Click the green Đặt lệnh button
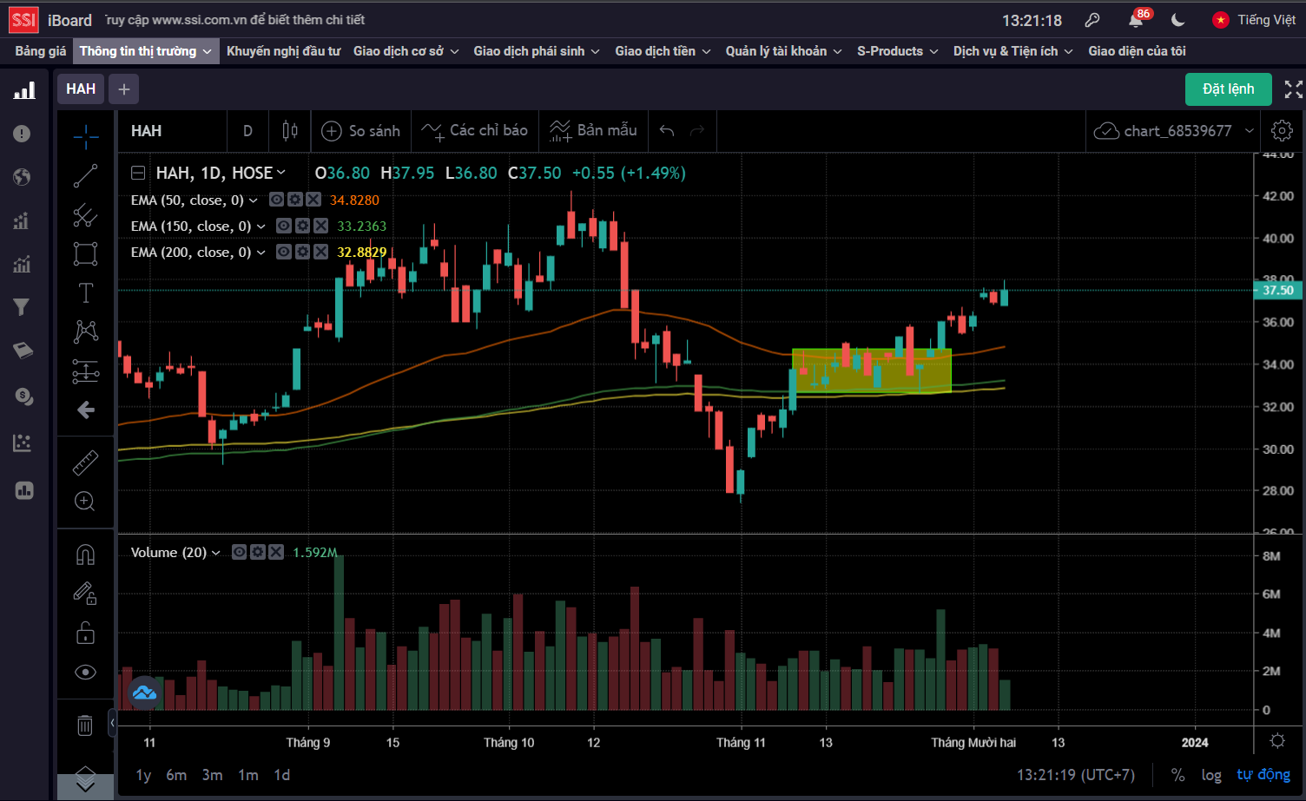pyautogui.click(x=1228, y=89)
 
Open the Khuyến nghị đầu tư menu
pyautogui.click(x=283, y=51)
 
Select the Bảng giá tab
pyautogui.click(x=41, y=51)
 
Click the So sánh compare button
pyautogui.click(x=361, y=131)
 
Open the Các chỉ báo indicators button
pyautogui.click(x=475, y=131)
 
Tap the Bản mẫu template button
pyautogui.click(x=594, y=131)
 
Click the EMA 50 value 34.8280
pyautogui.click(x=354, y=200)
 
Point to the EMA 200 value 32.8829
pyautogui.click(x=361, y=253)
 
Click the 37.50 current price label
pyautogui.click(x=1277, y=291)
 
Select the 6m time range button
pyautogui.click(x=176, y=775)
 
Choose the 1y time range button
pyautogui.click(x=143, y=775)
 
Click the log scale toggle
pyautogui.click(x=1210, y=775)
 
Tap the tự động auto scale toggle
pyautogui.click(x=1263, y=775)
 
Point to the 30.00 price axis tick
pyautogui.click(x=1277, y=450)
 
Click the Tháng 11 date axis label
pyautogui.click(x=741, y=743)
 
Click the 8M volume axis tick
pyautogui.click(x=1271, y=556)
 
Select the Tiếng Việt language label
pyautogui.click(x=1266, y=20)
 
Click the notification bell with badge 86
pyautogui.click(x=1136, y=20)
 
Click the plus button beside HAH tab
pyautogui.click(x=124, y=89)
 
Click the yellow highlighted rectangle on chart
pyautogui.click(x=872, y=371)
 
